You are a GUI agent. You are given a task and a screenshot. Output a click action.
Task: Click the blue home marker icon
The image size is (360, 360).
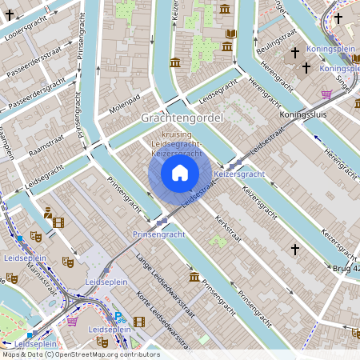pyautogui.click(x=180, y=173)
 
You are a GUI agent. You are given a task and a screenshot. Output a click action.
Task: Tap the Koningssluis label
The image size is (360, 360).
pyautogui.click(x=306, y=114)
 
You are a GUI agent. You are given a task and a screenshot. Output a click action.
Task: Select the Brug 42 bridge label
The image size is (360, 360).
pyautogui.click(x=346, y=269)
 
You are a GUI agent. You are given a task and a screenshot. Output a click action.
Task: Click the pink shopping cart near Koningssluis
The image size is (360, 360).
pyautogui.click(x=326, y=94)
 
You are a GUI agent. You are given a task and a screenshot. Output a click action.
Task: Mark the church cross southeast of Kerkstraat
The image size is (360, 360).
pyautogui.click(x=294, y=250)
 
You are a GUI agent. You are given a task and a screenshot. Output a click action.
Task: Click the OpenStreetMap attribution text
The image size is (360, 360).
pyautogui.click(x=80, y=354)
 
